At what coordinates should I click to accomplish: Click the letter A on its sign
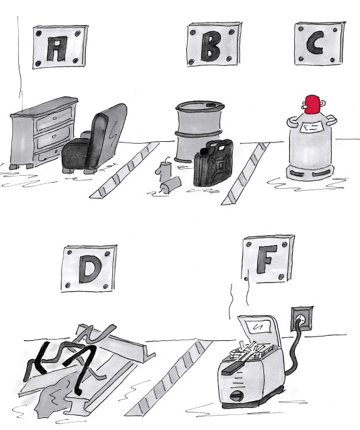point(56,49)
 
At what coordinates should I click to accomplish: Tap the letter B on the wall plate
point(210,46)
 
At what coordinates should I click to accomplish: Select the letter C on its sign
point(315,43)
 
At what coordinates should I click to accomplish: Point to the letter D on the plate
point(90,271)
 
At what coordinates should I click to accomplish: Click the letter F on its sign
point(266,259)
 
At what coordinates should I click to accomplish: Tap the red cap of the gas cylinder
point(312,104)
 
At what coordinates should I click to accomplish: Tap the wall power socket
point(302,320)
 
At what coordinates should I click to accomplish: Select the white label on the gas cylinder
point(312,127)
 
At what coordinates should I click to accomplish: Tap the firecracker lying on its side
point(171,185)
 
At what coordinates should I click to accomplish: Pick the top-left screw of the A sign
point(39,33)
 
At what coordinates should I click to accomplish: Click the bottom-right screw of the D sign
point(105,286)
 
